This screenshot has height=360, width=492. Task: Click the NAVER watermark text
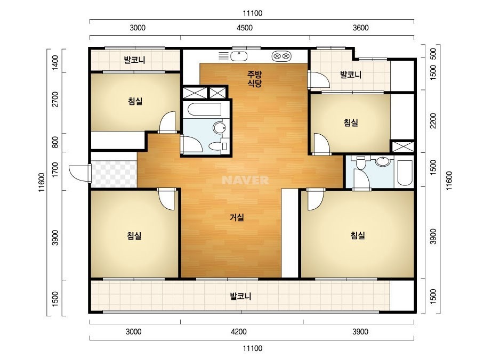click(x=245, y=180)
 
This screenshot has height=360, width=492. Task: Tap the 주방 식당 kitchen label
click(x=254, y=79)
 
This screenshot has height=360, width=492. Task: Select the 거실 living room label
click(x=237, y=217)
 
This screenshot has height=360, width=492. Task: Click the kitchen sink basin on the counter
click(x=239, y=56)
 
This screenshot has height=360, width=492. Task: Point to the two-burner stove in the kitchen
click(x=281, y=56)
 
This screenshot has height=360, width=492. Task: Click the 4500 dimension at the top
click(x=245, y=28)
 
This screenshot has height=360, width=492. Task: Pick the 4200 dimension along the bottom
click(x=238, y=331)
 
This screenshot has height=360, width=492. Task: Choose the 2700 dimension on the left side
click(x=55, y=99)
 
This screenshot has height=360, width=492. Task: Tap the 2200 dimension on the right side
click(x=433, y=121)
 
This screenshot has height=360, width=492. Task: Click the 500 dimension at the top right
click(x=433, y=54)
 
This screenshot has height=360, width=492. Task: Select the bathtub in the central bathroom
click(x=204, y=109)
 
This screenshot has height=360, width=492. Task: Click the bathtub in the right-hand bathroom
click(x=405, y=173)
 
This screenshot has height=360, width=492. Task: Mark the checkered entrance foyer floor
click(x=114, y=174)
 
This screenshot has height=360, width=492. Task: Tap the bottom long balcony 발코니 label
click(x=240, y=296)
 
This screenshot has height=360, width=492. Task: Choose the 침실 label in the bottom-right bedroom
click(x=357, y=235)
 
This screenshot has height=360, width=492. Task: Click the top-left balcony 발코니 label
click(x=134, y=60)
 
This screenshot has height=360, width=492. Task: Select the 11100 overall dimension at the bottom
click(x=253, y=348)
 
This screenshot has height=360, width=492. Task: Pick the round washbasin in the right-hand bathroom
click(x=383, y=161)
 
